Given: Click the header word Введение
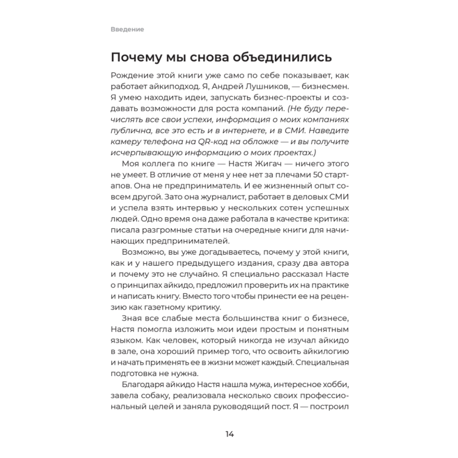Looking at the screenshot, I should (127, 30).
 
